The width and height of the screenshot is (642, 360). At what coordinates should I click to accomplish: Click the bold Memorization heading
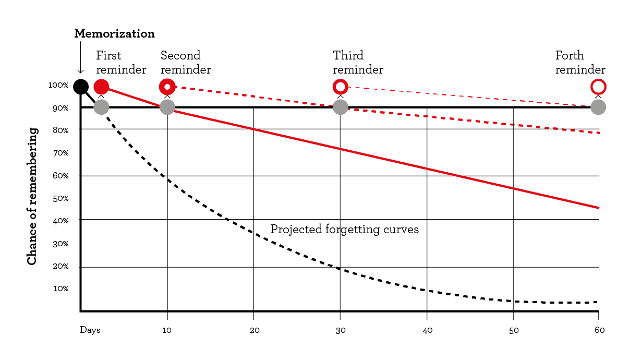pyautogui.click(x=114, y=34)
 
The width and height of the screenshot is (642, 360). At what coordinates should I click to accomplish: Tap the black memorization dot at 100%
pyautogui.click(x=80, y=87)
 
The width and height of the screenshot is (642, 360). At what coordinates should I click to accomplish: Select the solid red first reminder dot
pyautogui.click(x=101, y=87)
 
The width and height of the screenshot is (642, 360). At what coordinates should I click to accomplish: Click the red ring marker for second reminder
pyautogui.click(x=167, y=87)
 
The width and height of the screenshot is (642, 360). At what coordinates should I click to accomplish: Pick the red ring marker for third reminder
pyautogui.click(x=340, y=87)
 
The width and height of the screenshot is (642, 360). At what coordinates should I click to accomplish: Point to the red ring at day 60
pyautogui.click(x=598, y=87)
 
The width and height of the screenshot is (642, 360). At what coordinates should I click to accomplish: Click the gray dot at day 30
pyautogui.click(x=340, y=107)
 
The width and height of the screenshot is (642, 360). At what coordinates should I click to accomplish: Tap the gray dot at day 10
pyautogui.click(x=167, y=107)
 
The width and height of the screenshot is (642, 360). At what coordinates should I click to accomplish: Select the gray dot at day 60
pyautogui.click(x=598, y=107)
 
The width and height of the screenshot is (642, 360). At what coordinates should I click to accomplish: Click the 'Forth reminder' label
pyautogui.click(x=580, y=63)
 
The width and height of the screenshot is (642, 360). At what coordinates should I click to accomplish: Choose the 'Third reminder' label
pyautogui.click(x=358, y=63)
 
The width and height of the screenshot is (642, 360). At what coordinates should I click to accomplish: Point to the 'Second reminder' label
pyautogui.click(x=185, y=63)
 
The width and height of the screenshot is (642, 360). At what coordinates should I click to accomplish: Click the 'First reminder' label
pyautogui.click(x=120, y=63)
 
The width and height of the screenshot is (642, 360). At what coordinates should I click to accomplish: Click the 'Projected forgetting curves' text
pyautogui.click(x=344, y=230)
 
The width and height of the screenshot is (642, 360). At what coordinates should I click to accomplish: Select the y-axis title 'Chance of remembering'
pyautogui.click(x=32, y=196)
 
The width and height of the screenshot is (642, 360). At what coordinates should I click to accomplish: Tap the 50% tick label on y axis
pyautogui.click(x=60, y=198)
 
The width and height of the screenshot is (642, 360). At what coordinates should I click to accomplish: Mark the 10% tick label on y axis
pyautogui.click(x=60, y=289)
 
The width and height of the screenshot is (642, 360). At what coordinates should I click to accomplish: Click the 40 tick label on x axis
pyautogui.click(x=427, y=330)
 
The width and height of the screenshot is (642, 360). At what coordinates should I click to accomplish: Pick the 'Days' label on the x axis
pyautogui.click(x=90, y=330)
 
